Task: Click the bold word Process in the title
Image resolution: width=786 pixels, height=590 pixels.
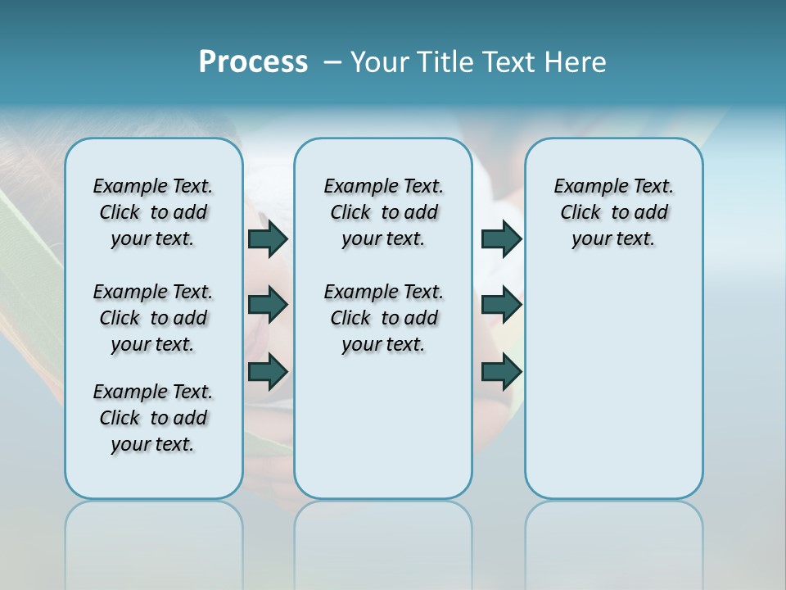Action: click(x=253, y=62)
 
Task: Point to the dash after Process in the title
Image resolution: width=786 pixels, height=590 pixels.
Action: click(x=332, y=63)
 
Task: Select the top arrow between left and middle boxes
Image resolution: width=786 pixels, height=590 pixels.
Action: click(x=268, y=238)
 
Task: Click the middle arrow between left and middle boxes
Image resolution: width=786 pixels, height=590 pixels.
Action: click(x=268, y=305)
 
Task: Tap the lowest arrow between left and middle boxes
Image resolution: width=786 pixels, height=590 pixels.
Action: click(x=268, y=371)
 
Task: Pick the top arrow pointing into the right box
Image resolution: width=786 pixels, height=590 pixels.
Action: click(x=501, y=238)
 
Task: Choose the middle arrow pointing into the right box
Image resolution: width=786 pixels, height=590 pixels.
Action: click(x=501, y=305)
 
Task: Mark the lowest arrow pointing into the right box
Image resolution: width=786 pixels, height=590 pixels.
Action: click(x=501, y=371)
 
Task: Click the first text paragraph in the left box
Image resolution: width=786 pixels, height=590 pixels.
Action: click(x=153, y=212)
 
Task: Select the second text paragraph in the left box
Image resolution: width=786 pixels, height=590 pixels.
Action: click(x=153, y=318)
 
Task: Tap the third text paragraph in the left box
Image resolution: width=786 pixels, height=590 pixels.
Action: click(x=153, y=418)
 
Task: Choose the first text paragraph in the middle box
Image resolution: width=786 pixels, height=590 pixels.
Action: click(x=383, y=212)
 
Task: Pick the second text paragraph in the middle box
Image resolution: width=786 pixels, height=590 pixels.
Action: click(x=383, y=318)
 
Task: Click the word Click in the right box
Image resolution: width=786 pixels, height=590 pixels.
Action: click(x=580, y=212)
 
